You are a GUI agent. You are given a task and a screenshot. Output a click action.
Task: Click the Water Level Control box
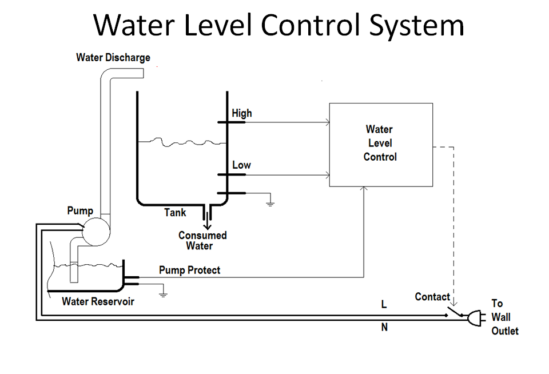pyautogui.click(x=380, y=144)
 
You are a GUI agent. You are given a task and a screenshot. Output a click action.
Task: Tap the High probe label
pyautogui.click(x=241, y=113)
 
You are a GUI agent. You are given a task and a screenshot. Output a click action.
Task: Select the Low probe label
pyautogui.click(x=241, y=165)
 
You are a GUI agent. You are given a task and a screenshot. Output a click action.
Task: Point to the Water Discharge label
pyautogui.click(x=113, y=58)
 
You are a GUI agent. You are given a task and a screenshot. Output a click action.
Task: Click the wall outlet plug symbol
pyautogui.click(x=476, y=318)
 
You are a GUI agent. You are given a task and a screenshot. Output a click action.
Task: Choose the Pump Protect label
pyautogui.click(x=189, y=270)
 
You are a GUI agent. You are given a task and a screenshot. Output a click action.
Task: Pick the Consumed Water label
pyautogui.click(x=202, y=241)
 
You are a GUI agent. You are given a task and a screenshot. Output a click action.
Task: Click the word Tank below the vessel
pyautogui.click(x=175, y=213)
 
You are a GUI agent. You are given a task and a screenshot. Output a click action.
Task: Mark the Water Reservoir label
pyautogui.click(x=98, y=301)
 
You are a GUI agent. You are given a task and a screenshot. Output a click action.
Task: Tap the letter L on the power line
pyautogui.click(x=384, y=305)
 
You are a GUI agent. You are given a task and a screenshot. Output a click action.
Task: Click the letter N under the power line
pyautogui.click(x=384, y=328)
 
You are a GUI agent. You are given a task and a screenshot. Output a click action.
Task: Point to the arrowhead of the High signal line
pyautogui.click(x=327, y=122)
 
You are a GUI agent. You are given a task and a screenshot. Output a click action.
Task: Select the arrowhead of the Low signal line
pyautogui.click(x=327, y=174)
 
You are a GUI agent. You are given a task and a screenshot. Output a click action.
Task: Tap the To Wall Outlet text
pyautogui.click(x=504, y=317)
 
